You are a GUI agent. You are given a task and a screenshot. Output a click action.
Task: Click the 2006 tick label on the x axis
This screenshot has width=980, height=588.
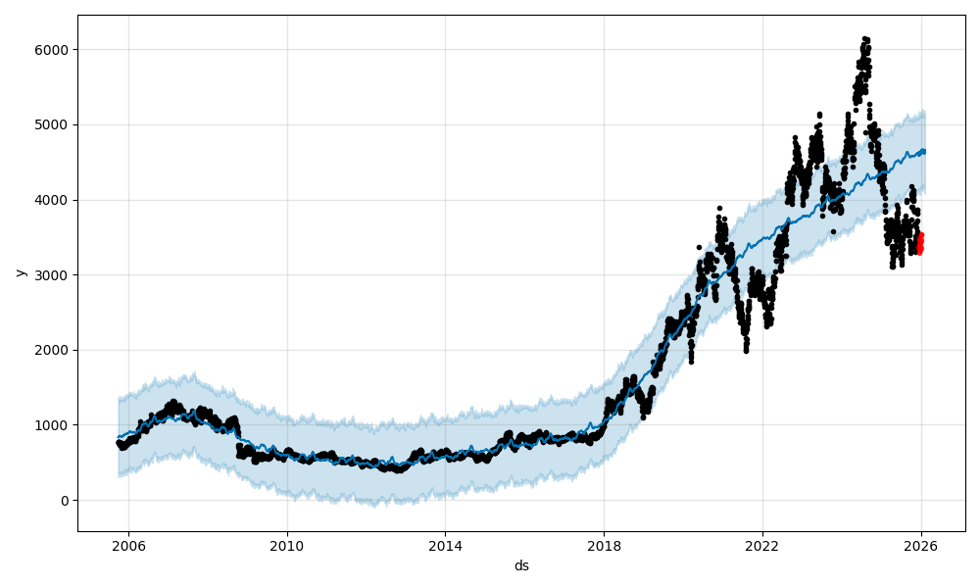129,546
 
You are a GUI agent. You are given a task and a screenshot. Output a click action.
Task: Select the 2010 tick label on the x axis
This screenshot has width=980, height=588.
287,546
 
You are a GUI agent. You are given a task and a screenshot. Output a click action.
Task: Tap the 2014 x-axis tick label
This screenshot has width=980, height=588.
446,546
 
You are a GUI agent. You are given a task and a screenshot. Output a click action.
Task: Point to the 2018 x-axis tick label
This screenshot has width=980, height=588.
604,546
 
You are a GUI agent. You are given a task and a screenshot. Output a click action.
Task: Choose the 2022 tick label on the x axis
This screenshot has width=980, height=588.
762,546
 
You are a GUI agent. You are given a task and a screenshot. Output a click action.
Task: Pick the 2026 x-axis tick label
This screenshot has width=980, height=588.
921,546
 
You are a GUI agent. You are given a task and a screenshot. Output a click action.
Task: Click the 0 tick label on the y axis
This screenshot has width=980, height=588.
65,501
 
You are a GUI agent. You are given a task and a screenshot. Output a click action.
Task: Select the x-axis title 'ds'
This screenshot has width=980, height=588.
521,565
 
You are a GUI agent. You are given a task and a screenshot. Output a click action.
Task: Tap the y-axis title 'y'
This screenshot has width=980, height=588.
19,272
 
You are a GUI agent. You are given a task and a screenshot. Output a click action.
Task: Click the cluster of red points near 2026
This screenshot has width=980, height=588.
919,243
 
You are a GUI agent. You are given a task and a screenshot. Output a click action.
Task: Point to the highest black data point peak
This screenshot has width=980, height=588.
864,38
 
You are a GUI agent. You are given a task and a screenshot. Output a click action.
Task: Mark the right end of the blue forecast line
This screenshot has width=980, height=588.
924,151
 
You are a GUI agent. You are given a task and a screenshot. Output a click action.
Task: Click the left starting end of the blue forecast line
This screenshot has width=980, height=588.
119,437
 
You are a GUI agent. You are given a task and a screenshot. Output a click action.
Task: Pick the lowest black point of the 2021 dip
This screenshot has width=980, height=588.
746,350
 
